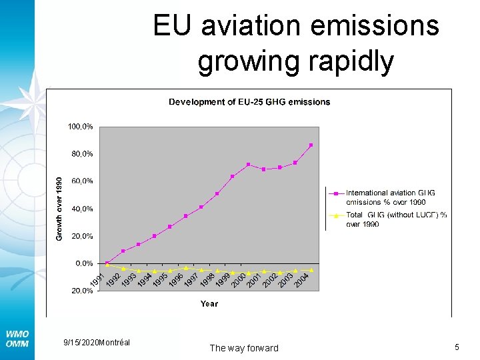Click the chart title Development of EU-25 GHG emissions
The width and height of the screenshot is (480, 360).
tap(249, 102)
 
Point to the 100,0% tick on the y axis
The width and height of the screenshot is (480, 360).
tap(79, 126)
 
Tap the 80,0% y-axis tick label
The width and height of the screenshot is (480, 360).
tap(81, 154)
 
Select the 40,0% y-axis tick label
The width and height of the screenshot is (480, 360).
tap(81, 209)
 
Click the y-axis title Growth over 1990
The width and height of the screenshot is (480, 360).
tap(59, 209)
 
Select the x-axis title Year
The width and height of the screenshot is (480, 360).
tap(209, 304)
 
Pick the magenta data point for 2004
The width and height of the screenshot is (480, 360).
tap(311, 145)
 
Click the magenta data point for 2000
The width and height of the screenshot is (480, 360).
tap(248, 165)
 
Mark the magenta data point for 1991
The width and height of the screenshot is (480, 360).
tap(107, 263)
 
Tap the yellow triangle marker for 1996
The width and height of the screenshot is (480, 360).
tap(185, 268)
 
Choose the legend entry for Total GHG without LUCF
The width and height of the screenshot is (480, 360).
tap(396, 219)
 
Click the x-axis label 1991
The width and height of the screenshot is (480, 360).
tap(97, 281)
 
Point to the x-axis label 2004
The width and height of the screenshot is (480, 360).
tap(302, 279)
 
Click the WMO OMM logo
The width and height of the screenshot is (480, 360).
tap(17, 338)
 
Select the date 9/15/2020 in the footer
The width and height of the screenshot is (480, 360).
tap(79, 342)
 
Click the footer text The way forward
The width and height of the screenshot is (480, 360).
tap(244, 348)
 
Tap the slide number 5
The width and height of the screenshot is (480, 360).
tap(457, 347)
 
